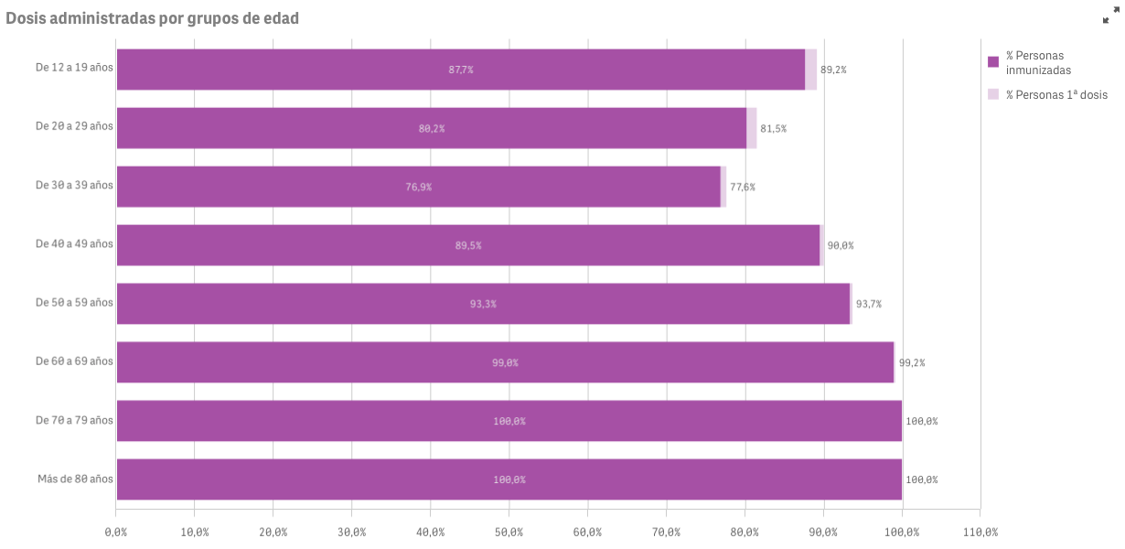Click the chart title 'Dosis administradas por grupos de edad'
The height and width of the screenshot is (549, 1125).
click(x=152, y=18)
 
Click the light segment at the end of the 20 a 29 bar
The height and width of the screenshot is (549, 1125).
click(x=752, y=128)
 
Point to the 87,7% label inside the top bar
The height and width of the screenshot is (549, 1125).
click(x=461, y=70)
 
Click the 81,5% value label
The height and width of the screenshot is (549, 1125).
click(x=773, y=128)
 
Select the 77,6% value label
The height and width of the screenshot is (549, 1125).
click(x=743, y=187)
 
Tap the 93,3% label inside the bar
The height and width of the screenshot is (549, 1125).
click(x=483, y=304)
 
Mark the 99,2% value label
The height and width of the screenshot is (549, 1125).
click(x=912, y=362)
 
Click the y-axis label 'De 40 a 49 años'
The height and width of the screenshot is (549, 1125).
click(x=74, y=244)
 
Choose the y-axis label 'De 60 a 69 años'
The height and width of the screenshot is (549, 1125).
click(x=74, y=361)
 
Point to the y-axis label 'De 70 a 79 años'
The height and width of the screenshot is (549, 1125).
click(x=74, y=420)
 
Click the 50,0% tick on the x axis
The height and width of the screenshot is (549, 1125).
click(x=509, y=532)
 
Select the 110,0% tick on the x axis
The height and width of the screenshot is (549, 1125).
click(x=980, y=532)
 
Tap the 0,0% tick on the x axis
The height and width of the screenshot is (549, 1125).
click(x=116, y=532)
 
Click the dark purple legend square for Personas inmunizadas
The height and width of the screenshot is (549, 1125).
click(x=993, y=62)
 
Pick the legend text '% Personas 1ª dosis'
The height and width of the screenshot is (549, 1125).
click(x=1056, y=94)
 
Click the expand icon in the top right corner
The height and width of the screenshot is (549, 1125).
click(x=1109, y=16)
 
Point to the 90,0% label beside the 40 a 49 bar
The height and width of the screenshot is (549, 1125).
click(x=840, y=245)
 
